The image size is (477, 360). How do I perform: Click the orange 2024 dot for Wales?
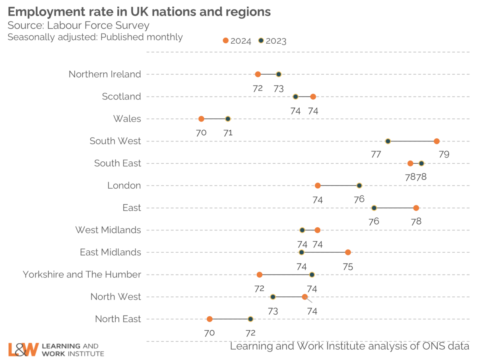[201, 119]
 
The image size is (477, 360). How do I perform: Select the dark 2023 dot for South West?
[388, 141]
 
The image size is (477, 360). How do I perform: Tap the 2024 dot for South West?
[436, 141]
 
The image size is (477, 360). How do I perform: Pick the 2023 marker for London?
[359, 186]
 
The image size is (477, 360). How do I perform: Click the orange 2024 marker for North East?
[209, 319]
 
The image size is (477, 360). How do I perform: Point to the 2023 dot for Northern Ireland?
[279, 74]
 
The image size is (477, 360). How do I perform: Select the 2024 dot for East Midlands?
[348, 252]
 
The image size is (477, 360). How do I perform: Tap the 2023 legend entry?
[272, 41]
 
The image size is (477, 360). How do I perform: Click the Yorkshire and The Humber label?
[82, 275]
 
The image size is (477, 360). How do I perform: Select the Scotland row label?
[121, 97]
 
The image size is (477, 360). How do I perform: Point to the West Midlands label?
[108, 230]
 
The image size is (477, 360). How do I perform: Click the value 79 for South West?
[444, 155]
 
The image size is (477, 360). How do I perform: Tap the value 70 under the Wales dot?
[201, 133]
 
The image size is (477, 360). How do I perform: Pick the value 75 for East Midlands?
[348, 266]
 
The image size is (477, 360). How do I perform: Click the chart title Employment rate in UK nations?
[139, 12]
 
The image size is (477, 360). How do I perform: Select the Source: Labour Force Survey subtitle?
[79, 26]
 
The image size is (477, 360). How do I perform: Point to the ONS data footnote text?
[350, 346]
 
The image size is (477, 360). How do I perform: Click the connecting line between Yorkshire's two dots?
[286, 275]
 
